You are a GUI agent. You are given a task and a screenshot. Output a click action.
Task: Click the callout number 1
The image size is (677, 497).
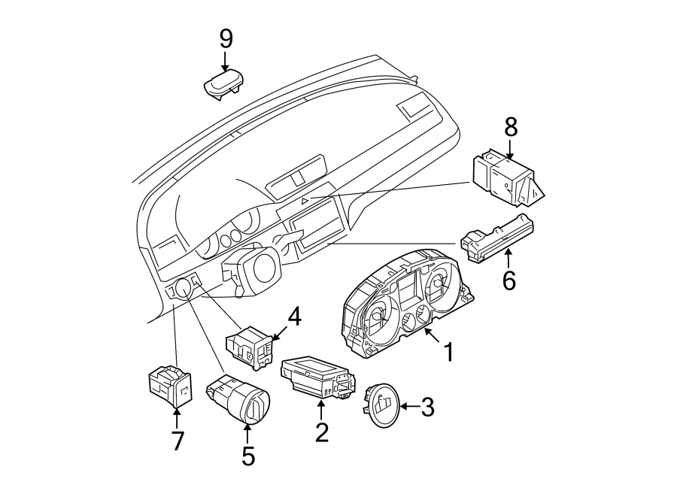[x=448, y=351]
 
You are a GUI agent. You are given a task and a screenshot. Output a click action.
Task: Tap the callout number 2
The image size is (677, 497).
[x=322, y=432]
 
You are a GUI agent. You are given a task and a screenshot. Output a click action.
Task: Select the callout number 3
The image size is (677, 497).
[x=427, y=408]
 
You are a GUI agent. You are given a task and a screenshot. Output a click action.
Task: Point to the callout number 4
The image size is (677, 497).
[x=293, y=317]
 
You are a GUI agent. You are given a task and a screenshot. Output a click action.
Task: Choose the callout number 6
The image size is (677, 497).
[x=509, y=280]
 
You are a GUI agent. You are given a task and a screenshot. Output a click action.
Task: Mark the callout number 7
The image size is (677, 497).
[x=178, y=440]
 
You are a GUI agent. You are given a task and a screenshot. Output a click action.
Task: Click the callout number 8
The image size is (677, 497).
[x=512, y=127]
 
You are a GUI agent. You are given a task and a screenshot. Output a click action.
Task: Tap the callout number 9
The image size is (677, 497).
[x=226, y=38]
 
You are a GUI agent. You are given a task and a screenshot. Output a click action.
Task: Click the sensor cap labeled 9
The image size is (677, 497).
[x=223, y=84]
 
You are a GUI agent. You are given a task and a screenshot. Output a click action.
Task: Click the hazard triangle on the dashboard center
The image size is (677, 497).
[x=305, y=201]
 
